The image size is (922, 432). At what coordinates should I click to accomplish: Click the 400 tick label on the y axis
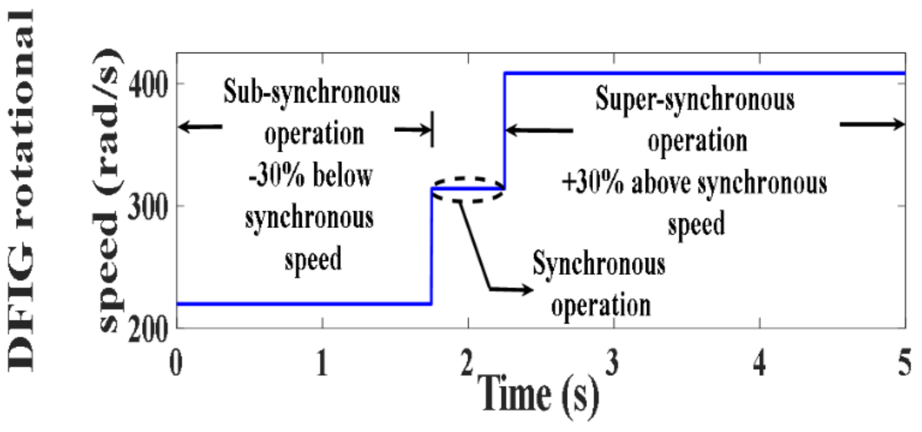coord(148,85)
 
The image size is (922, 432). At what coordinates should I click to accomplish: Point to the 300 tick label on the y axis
coord(148,207)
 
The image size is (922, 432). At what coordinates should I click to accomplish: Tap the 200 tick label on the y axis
coord(148,330)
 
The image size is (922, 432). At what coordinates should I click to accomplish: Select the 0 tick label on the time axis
coord(176,364)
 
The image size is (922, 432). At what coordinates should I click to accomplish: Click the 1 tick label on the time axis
coord(322,364)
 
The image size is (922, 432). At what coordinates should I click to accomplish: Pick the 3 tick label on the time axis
coord(612,364)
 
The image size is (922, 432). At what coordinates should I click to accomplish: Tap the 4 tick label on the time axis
coord(759,364)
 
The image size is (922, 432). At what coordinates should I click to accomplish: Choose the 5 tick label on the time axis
coord(904,364)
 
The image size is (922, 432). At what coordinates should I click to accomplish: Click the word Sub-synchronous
coord(311,93)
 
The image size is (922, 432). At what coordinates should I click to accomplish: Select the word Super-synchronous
coord(695,100)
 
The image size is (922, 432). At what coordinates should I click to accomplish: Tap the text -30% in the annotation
coord(276,176)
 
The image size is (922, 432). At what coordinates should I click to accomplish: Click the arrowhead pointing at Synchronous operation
coord(526,290)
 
